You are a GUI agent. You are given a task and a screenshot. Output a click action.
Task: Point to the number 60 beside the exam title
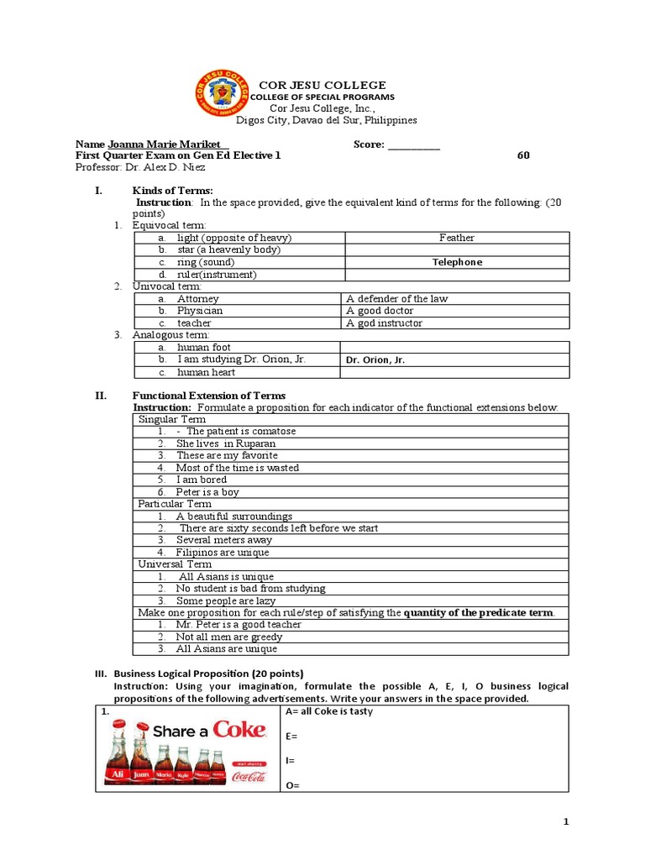pyautogui.click(x=523, y=155)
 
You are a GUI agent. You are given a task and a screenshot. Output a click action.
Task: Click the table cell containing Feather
pyautogui.click(x=456, y=238)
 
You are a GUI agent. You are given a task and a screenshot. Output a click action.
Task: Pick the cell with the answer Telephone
pyautogui.click(x=456, y=262)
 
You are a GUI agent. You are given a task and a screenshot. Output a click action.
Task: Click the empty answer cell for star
pyautogui.click(x=456, y=249)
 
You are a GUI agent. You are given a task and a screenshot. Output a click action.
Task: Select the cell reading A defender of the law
pyautogui.click(x=395, y=298)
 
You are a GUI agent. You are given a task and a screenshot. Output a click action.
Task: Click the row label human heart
pyautogui.click(x=206, y=372)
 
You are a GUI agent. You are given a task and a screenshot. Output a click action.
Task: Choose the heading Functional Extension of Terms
pyautogui.click(x=209, y=396)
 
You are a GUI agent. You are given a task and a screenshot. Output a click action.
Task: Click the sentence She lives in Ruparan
pyautogui.click(x=225, y=443)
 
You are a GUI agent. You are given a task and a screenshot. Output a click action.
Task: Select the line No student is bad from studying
pyautogui.click(x=250, y=589)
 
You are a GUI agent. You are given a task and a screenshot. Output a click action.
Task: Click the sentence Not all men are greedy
pyautogui.click(x=228, y=637)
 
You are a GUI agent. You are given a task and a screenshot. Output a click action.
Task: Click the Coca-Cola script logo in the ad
pyautogui.click(x=249, y=777)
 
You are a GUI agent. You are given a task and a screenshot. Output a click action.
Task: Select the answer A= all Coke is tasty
pyautogui.click(x=329, y=711)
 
